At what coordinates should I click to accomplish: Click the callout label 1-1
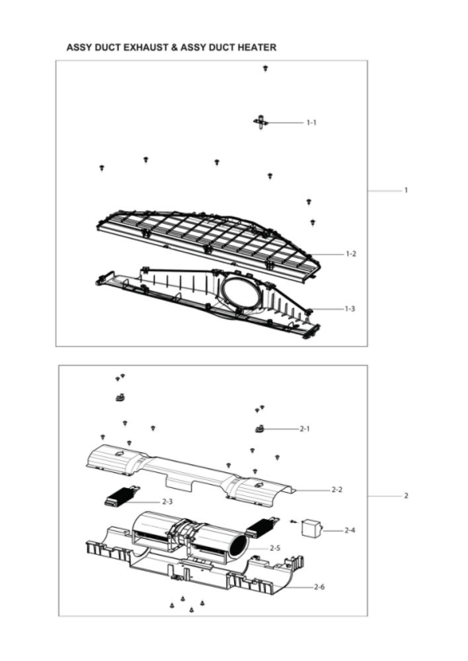[311, 123]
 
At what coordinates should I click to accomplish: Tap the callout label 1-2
[351, 254]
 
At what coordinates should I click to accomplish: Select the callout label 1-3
[350, 309]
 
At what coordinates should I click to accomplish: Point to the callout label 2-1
[305, 428]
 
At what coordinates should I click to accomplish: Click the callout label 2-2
[337, 490]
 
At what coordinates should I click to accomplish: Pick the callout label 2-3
[167, 502]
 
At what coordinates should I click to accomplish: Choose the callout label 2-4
[350, 530]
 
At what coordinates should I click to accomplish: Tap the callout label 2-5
[275, 548]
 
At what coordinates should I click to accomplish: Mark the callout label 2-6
[320, 587]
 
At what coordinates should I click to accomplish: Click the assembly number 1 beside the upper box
[406, 190]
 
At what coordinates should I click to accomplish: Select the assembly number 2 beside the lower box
[406, 496]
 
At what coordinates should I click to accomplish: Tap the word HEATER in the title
[257, 48]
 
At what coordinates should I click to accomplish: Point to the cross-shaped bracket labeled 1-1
[261, 122]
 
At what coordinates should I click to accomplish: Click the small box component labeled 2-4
[311, 528]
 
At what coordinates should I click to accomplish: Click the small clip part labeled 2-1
[259, 429]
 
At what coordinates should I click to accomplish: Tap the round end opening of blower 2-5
[236, 547]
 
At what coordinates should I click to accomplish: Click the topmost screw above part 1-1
[265, 68]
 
